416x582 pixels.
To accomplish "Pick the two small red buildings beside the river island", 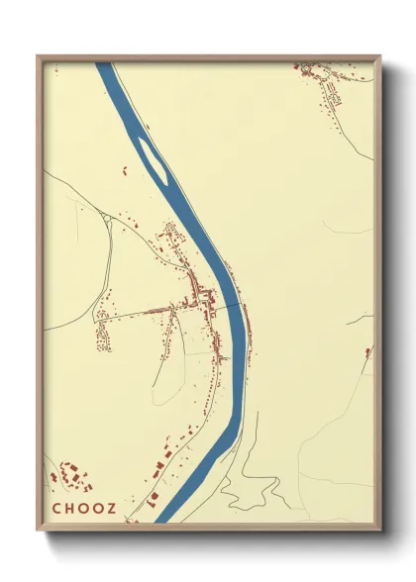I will click(x=128, y=171).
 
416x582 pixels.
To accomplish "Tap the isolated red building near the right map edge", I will click(x=368, y=351).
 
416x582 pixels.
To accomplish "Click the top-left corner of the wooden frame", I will click(x=39, y=56).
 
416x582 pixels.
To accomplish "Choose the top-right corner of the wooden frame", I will click(x=380, y=56).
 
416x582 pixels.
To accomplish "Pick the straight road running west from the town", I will click(x=139, y=315).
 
